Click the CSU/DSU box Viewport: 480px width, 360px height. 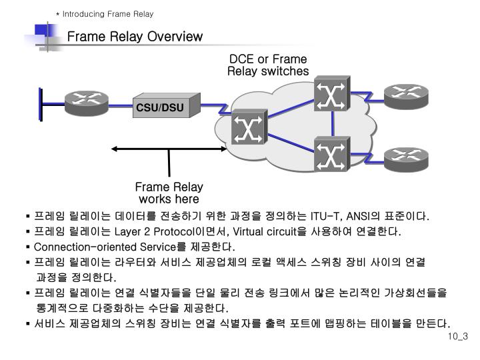coord(160,107)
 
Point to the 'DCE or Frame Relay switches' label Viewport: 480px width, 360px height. coord(268,65)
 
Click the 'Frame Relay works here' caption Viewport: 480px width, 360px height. coord(169,193)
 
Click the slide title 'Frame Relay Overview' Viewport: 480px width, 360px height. coord(135,37)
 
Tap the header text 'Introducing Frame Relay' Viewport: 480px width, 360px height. coord(108,14)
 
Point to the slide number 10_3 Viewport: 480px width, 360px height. coord(458,336)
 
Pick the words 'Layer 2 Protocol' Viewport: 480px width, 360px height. coord(153,232)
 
